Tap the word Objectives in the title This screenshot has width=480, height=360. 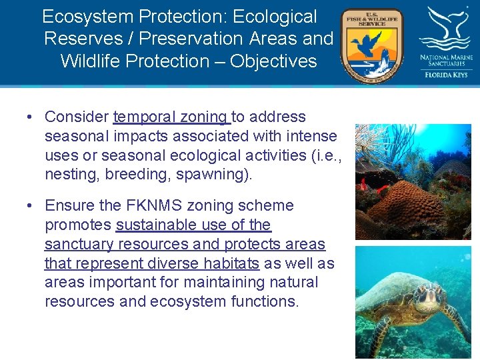(273, 61)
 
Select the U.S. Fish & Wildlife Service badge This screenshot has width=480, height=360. (372, 45)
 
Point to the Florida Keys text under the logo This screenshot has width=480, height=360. (446, 75)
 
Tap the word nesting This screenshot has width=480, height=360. (69, 174)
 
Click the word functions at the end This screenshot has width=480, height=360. (265, 301)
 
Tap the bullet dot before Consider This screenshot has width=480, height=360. (31, 117)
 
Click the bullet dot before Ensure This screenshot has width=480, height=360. (31, 206)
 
